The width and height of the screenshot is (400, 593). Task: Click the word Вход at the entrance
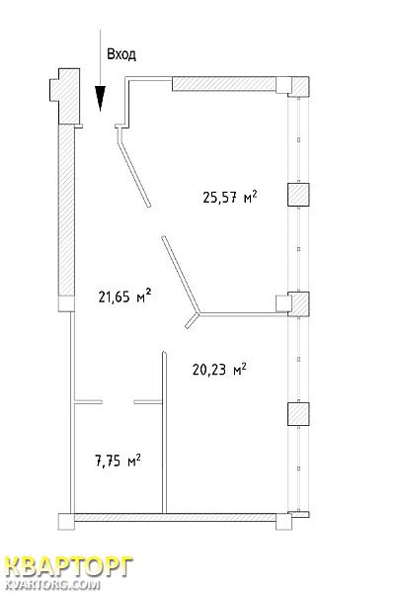(x=121, y=54)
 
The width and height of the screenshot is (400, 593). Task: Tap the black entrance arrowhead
(x=100, y=98)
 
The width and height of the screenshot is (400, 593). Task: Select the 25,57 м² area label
(x=230, y=197)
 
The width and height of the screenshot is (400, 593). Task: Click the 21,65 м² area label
(x=125, y=296)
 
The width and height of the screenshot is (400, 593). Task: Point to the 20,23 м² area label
(x=219, y=369)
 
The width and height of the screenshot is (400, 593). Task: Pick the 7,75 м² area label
(x=118, y=461)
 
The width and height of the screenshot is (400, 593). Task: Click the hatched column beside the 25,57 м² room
(x=298, y=195)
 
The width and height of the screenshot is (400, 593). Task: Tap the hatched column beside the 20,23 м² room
(x=298, y=414)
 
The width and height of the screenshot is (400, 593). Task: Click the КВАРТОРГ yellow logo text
(x=68, y=567)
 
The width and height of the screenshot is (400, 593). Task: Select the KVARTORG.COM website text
(x=52, y=584)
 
